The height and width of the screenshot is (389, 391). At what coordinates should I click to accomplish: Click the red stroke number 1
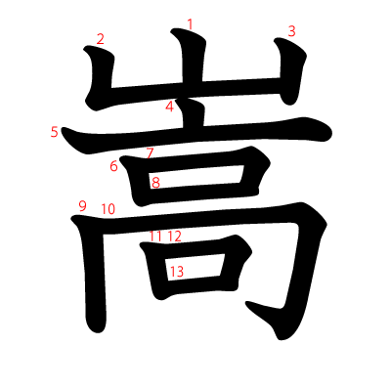click(190, 24)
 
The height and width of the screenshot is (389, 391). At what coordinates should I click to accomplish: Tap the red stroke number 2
click(101, 39)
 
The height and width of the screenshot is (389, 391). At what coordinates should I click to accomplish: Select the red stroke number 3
click(291, 31)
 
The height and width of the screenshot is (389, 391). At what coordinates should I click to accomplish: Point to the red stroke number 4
click(169, 107)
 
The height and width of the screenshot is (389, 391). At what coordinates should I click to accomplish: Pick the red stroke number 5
click(55, 132)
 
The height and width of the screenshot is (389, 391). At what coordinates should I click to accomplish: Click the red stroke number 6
click(113, 166)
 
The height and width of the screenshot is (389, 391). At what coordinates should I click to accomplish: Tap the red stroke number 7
click(150, 153)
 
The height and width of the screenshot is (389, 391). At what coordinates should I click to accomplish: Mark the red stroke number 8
click(155, 183)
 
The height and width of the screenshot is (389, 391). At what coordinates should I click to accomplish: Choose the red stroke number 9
click(82, 206)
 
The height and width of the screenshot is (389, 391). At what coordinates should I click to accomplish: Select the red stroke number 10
click(109, 209)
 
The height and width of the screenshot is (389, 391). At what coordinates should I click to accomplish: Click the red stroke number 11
click(155, 237)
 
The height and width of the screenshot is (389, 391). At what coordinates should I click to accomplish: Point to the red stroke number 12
click(175, 237)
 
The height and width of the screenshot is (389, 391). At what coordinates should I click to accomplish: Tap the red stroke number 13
click(177, 272)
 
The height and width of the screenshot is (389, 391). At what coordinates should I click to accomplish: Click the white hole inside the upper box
click(196, 177)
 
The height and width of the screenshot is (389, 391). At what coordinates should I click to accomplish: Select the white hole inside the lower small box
click(195, 267)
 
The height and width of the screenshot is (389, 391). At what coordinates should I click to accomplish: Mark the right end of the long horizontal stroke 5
click(331, 134)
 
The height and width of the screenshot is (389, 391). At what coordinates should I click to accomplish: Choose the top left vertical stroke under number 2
click(101, 75)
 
